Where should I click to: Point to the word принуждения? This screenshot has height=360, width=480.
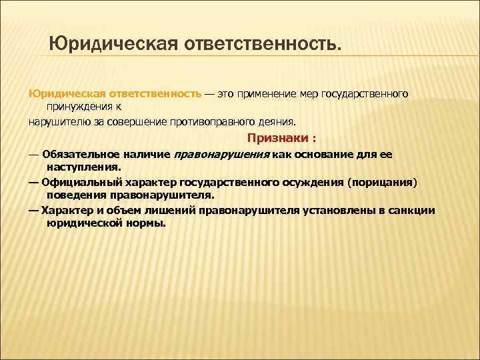coord(79,105)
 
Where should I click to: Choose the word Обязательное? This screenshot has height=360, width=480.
coord(79,154)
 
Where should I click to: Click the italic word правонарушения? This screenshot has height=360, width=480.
coord(222,154)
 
